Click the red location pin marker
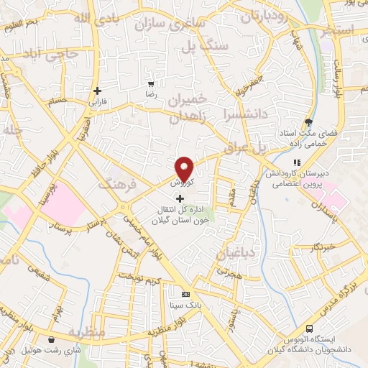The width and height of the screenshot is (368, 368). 185,169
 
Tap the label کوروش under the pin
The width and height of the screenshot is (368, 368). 182,183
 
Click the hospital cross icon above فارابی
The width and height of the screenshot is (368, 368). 97,91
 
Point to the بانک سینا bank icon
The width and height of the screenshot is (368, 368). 185,294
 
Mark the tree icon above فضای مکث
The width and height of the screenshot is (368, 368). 308,122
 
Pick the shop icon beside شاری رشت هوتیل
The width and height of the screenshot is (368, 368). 50,340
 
